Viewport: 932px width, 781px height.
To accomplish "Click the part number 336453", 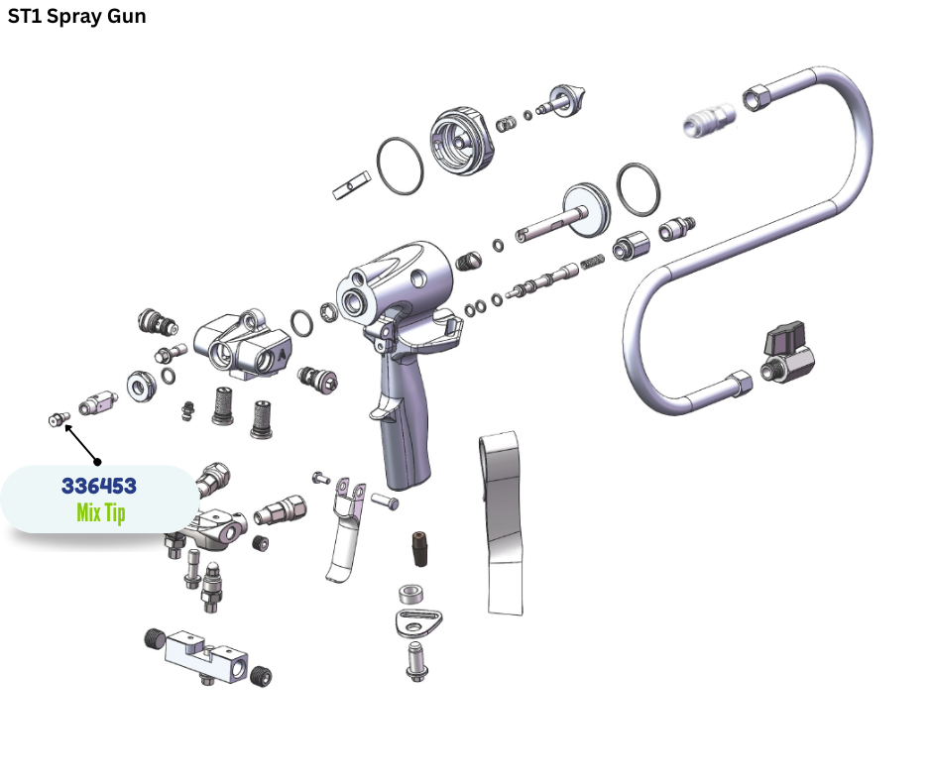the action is coord(99,486).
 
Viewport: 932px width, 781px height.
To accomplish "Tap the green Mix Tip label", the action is coord(101,512).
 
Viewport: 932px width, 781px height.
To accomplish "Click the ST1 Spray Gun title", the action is coord(76,16).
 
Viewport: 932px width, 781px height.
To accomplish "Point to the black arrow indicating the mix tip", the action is coord(82,443).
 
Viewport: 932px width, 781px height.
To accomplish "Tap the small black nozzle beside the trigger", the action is coord(420,549).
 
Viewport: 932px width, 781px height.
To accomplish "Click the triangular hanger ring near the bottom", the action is coord(418,623).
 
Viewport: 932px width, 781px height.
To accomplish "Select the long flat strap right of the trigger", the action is coord(502,523).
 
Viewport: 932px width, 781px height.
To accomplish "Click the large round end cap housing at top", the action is coord(461,142).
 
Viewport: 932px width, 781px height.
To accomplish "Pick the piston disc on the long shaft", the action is coord(587,210).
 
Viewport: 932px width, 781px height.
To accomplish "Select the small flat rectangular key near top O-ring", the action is coord(351,185).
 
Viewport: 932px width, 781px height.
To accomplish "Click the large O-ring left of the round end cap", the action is coord(400,166).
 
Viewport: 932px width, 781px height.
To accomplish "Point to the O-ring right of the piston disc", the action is coord(638,189).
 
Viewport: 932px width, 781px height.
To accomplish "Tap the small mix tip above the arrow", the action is coord(58,419).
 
